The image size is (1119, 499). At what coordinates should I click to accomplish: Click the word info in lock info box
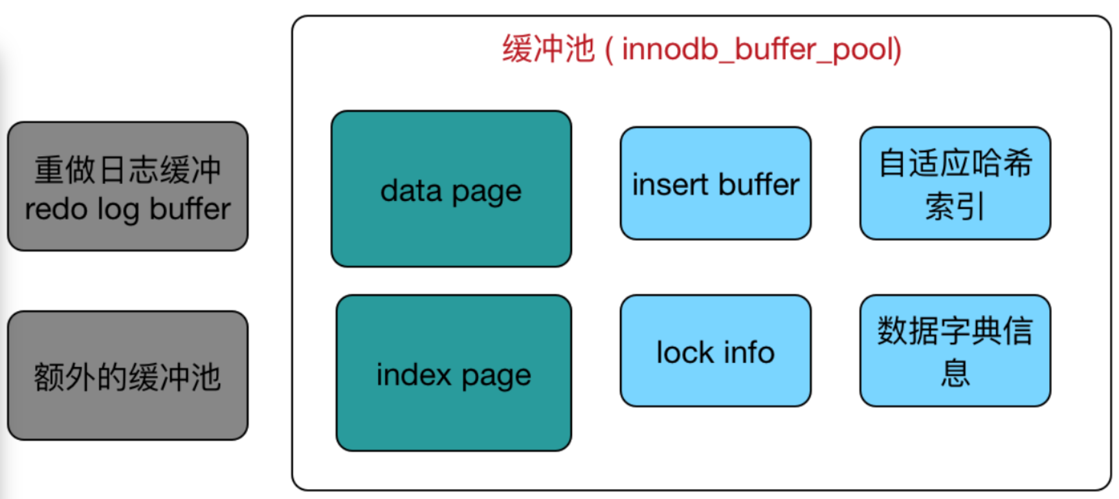click(749, 353)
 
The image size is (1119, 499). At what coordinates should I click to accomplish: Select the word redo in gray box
click(56, 209)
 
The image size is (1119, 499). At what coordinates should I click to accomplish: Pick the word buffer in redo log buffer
click(190, 209)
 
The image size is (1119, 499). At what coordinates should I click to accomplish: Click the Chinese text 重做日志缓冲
click(127, 170)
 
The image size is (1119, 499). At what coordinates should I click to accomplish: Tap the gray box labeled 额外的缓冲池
click(127, 377)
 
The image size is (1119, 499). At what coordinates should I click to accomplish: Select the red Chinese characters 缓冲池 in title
click(548, 49)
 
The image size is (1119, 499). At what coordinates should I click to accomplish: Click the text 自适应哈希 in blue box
click(955, 163)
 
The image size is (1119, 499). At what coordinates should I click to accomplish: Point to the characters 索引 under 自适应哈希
click(955, 207)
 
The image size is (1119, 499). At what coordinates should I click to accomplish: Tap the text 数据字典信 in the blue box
click(955, 331)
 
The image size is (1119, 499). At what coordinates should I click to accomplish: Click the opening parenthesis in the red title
click(609, 50)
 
